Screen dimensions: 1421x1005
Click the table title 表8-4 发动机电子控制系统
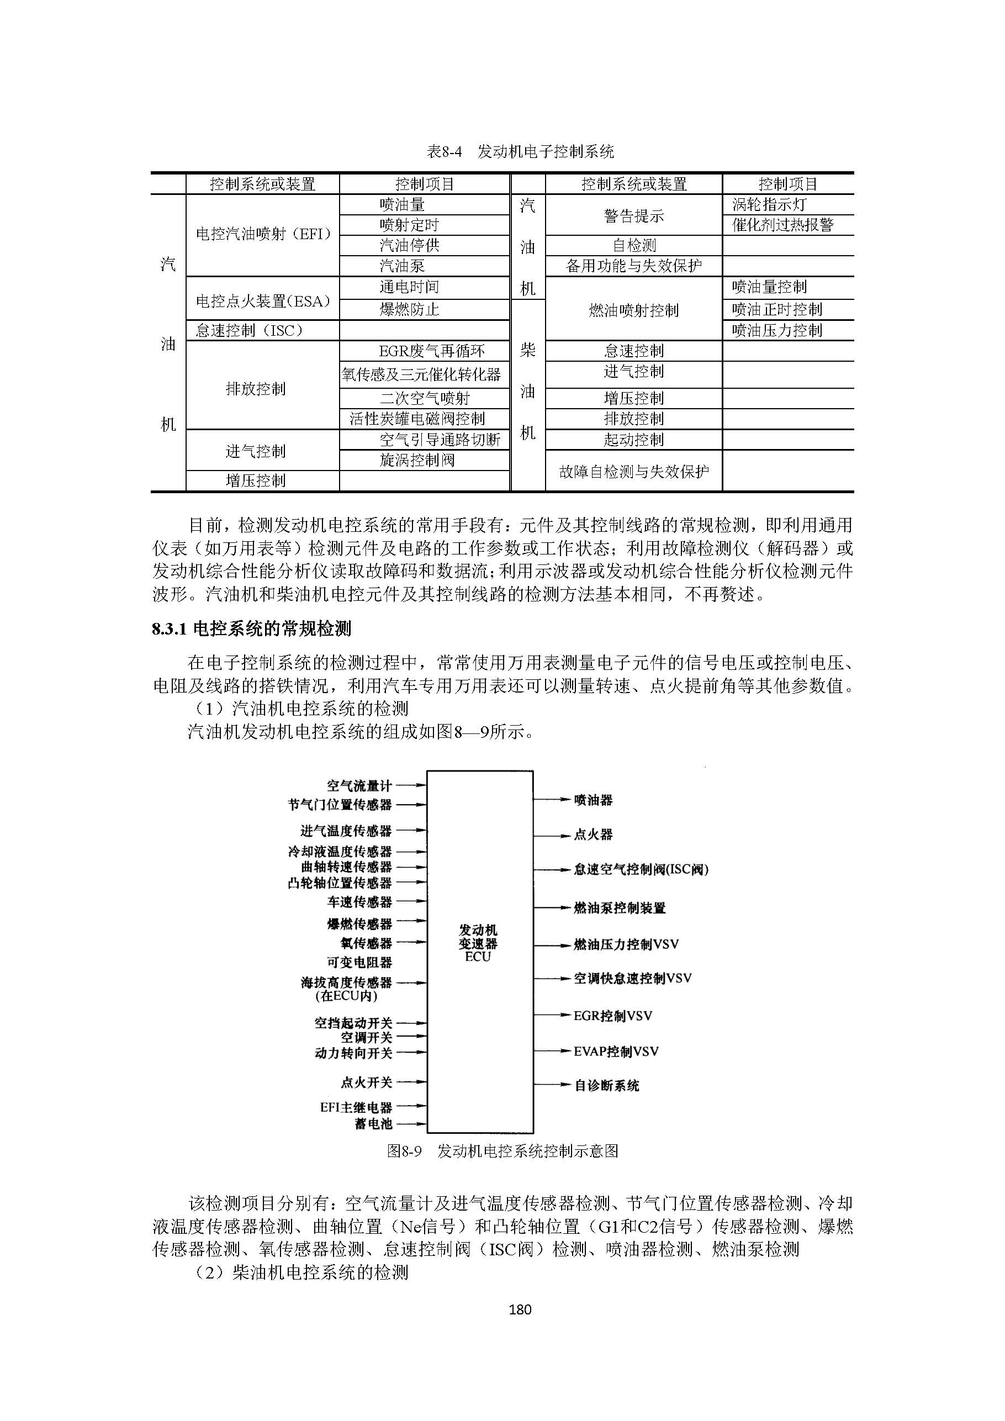[520, 152]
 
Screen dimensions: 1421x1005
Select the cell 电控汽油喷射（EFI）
[263, 234]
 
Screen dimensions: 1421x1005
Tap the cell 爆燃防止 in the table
[409, 309]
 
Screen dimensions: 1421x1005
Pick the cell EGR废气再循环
[431, 351]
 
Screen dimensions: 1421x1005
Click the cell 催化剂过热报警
[783, 225]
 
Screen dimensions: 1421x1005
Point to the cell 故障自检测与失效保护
[634, 472]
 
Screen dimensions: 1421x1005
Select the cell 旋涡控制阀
[417, 460]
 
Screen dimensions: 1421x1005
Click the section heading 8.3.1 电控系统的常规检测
[251, 629]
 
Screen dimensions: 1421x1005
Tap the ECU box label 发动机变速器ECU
[478, 943]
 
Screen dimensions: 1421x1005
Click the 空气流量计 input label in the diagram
[359, 786]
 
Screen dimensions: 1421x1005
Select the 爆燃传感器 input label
[359, 924]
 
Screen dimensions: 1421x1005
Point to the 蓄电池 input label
[373, 1123]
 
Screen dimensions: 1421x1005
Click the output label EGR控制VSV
[612, 1016]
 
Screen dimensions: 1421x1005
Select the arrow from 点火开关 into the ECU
[411, 1082]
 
